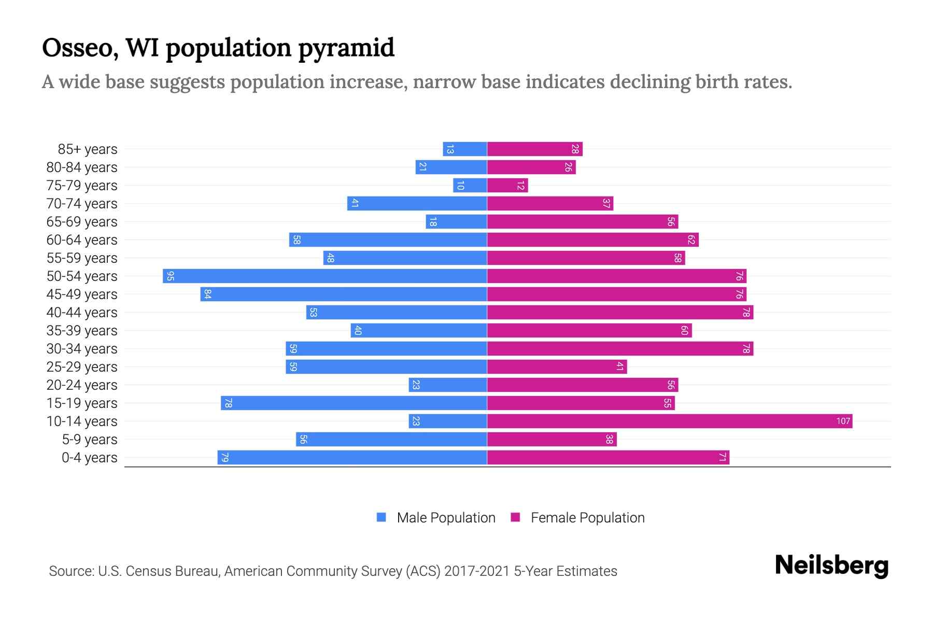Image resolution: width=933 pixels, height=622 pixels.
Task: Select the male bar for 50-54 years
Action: (325, 276)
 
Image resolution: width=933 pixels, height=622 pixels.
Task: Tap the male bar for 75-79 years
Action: (470, 186)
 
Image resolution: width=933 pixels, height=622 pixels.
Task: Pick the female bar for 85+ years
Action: (535, 149)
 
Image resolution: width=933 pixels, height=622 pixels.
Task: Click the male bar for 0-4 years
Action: (352, 458)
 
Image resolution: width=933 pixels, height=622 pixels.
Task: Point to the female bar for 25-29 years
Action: (557, 367)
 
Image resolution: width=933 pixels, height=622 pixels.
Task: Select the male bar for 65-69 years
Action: (457, 222)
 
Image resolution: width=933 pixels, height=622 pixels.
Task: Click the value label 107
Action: (843, 421)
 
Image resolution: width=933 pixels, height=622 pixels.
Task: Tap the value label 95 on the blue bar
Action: (170, 276)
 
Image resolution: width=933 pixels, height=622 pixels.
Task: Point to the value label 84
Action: (207, 294)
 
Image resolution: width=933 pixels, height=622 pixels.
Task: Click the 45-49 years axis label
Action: (82, 294)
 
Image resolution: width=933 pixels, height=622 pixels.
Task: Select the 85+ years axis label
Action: (88, 149)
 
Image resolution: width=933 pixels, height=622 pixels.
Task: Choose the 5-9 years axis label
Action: (90, 440)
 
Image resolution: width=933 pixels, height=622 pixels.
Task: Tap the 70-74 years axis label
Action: (82, 204)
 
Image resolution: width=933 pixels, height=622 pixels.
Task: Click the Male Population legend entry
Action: (436, 518)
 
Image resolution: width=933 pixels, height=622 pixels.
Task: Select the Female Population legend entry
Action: (578, 518)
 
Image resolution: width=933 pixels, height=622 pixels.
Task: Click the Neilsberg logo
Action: (831, 566)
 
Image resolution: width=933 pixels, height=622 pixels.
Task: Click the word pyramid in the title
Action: (346, 48)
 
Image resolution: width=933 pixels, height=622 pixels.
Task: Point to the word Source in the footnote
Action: (71, 571)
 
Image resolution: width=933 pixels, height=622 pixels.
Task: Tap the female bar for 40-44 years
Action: (620, 313)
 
